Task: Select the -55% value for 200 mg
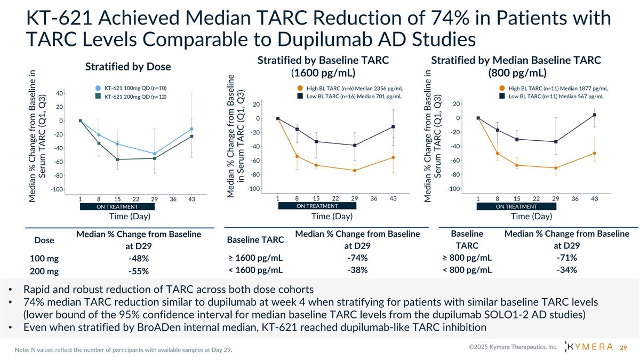138,271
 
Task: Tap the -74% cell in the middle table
357,258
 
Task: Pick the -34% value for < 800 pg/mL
566,269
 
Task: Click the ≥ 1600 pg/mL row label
254,258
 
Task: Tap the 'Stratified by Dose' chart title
127,67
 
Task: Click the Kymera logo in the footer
588,348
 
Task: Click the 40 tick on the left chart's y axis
59,94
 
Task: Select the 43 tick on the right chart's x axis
594,199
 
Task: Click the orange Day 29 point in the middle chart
355,171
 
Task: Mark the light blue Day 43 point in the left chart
191,129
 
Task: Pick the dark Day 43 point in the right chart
594,115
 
